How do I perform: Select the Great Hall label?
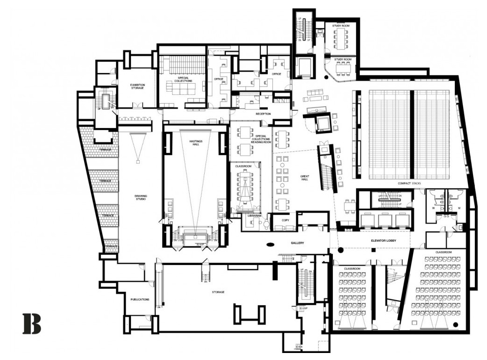click(x=305, y=178)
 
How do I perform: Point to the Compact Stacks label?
click(x=409, y=183)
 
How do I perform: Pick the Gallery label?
click(x=298, y=243)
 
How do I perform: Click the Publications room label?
click(x=140, y=299)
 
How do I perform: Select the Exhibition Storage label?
click(x=138, y=86)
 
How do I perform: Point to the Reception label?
click(x=264, y=114)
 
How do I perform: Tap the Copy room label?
click(x=284, y=219)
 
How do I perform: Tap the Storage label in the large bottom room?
click(x=218, y=292)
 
